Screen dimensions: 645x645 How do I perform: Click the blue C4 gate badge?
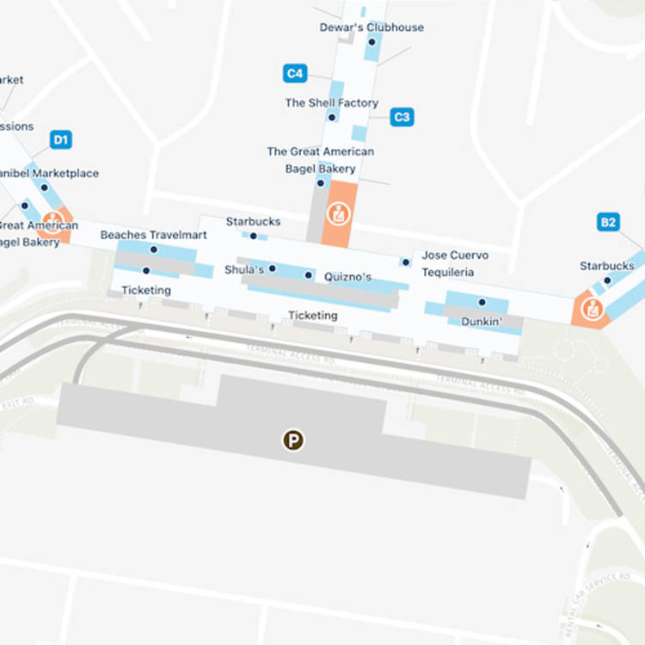pos(295,74)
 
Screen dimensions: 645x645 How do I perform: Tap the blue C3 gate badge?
pos(402,117)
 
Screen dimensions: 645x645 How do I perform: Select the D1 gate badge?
pos(60,139)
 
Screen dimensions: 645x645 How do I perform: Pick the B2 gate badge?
pos(608,223)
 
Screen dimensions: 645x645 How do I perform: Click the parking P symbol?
pos(294,441)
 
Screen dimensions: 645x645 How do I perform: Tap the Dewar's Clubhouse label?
pos(372,28)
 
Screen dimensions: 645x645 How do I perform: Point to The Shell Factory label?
pos(331,103)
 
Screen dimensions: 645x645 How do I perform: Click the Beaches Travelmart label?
pos(153,235)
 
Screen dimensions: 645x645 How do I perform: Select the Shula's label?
pos(244,270)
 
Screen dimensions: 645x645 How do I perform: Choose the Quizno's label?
pos(348,277)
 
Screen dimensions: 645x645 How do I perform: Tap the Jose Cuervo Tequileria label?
pos(455,264)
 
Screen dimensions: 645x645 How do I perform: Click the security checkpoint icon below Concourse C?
pos(339,213)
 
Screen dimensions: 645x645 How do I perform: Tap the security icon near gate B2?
pos(592,309)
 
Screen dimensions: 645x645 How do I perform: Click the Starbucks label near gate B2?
pos(606,266)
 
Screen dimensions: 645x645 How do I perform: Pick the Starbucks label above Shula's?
pos(253,222)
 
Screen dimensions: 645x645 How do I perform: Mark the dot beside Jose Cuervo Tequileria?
pos(405,262)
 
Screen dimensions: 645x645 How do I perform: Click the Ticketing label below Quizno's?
pos(312,316)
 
